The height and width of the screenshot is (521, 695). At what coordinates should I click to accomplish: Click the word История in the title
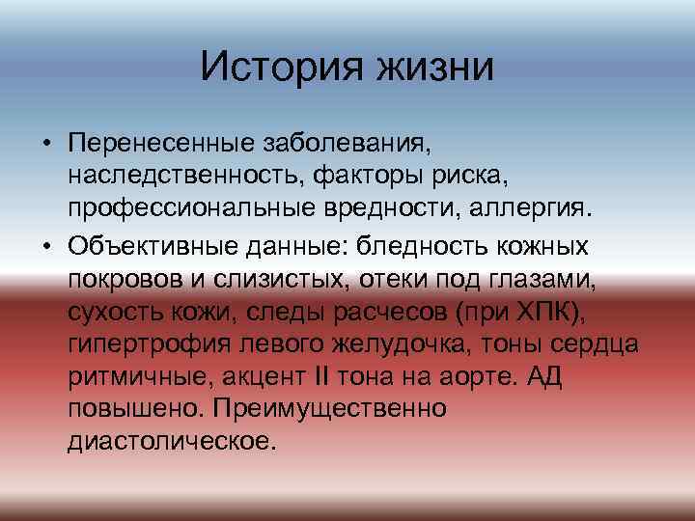coord(274,68)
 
